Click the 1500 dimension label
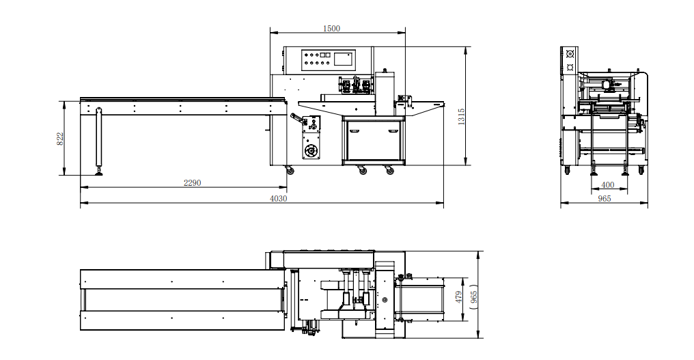point(331,29)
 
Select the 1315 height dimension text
point(462,116)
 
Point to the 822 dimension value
point(60,139)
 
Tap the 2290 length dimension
point(193,182)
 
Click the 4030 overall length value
point(278,199)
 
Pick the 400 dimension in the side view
point(607,185)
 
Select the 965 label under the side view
point(604,199)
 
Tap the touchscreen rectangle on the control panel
point(344,59)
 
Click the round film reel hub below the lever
point(312,150)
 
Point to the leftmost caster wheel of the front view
point(290,170)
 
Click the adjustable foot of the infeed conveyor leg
point(100,171)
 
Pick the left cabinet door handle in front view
point(356,130)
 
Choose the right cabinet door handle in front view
point(394,130)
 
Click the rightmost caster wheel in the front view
point(390,171)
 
